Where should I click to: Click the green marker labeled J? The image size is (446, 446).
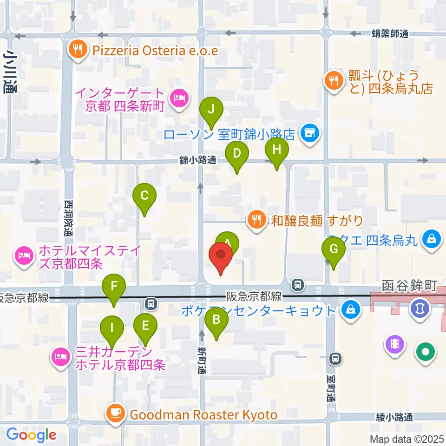pos(211,111)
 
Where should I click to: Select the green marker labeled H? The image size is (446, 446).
pos(277,151)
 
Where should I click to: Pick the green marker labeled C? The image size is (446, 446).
pos(144,197)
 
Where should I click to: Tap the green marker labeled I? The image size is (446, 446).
pos(111,328)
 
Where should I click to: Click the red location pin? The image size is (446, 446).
pos(221,257)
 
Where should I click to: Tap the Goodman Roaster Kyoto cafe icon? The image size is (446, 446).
pos(115,413)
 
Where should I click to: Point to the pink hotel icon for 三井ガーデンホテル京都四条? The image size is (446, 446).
pos(61,357)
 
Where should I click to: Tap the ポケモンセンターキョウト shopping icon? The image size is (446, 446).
pos(350,309)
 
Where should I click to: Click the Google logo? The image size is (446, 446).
pos(31,435)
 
